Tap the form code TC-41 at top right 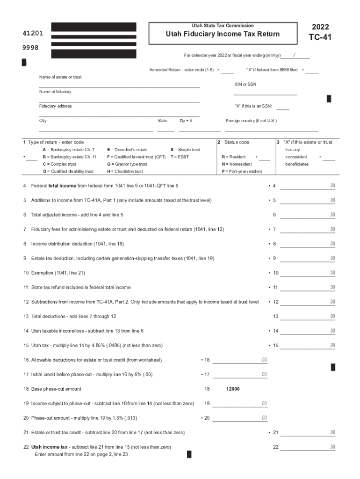tap(320, 37)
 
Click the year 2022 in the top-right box tap(320, 27)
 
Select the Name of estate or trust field tap(119, 84)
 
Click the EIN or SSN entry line tap(266, 92)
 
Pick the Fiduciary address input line tap(119, 113)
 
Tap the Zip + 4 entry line tap(200, 128)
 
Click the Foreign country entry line tap(272, 128)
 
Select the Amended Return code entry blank tap(227, 70)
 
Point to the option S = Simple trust tap(185, 150)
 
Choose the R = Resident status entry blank tap(265, 157)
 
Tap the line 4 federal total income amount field tap(307, 186)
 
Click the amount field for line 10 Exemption tap(307, 273)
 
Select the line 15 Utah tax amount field tap(307, 346)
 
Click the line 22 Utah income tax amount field tap(307, 447)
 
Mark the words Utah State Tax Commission tap(223, 25)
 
